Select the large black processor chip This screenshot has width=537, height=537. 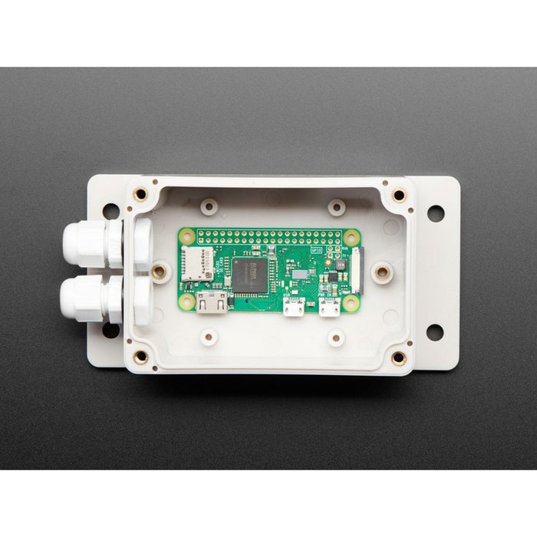click(250, 275)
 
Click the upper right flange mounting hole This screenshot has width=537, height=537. click(435, 212)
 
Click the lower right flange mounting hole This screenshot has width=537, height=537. click(434, 331)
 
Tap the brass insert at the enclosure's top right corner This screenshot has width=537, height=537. click(398, 195)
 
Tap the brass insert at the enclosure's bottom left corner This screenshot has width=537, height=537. click(140, 357)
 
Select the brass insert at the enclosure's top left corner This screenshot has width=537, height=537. click(140, 194)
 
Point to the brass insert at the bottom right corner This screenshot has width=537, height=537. click(398, 357)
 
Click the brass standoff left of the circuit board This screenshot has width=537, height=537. click(159, 271)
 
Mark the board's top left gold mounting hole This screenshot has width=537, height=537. click(188, 237)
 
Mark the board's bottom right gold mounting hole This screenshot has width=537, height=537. click(351, 303)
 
